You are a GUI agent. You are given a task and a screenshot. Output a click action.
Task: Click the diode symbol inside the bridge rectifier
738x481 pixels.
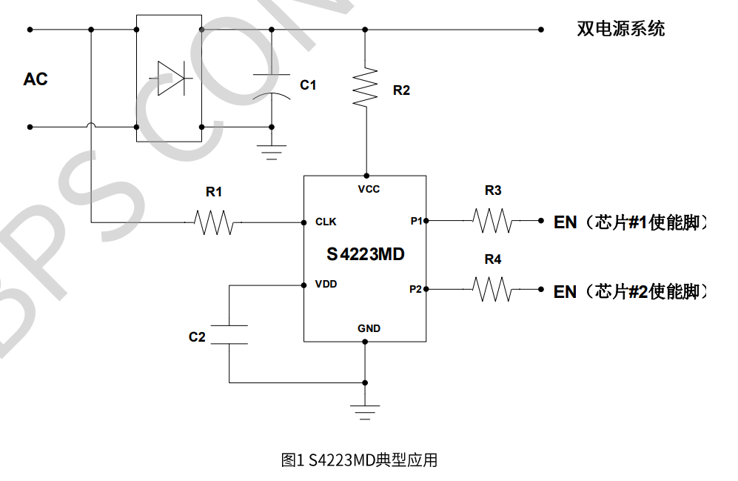click(x=170, y=78)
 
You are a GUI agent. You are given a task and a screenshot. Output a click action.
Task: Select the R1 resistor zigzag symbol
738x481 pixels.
click(x=214, y=222)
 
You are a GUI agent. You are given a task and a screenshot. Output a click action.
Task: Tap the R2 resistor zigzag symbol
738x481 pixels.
click(x=365, y=87)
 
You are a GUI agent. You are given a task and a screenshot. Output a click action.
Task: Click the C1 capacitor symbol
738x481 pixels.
click(x=272, y=85)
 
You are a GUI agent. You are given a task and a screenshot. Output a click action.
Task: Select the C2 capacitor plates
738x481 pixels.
click(x=229, y=334)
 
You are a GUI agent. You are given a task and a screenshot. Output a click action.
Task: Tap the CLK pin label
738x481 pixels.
click(x=326, y=222)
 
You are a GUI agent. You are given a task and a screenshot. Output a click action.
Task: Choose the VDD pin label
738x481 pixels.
click(x=326, y=284)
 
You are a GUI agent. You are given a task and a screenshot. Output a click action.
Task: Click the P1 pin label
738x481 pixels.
click(x=416, y=221)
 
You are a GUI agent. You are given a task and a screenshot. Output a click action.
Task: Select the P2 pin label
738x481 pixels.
click(x=416, y=289)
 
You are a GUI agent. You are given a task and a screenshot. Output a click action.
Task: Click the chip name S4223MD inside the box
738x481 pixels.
click(x=366, y=254)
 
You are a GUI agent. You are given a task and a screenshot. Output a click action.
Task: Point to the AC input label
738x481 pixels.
click(x=36, y=79)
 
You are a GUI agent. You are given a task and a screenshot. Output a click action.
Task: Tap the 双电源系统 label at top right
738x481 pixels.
click(x=620, y=29)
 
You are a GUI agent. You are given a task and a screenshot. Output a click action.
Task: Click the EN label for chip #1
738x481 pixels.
click(x=566, y=222)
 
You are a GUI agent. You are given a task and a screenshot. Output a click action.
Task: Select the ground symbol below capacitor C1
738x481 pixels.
click(x=272, y=151)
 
